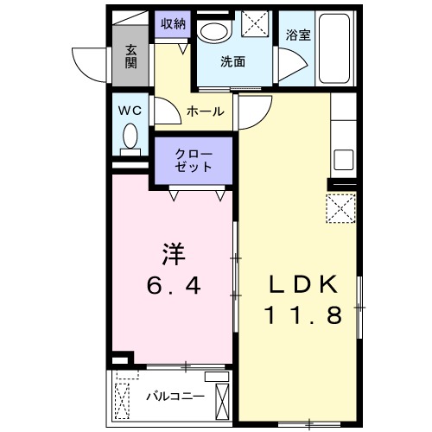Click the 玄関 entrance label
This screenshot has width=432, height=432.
tap(130, 55)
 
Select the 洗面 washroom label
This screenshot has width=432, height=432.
tap(232, 62)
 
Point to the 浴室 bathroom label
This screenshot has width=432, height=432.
tap(298, 35)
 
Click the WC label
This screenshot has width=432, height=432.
tap(130, 111)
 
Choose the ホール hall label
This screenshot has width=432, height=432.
tap(206, 111)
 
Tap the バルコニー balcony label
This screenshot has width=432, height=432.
tap(175, 397)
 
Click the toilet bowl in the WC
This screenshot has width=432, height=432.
tap(130, 137)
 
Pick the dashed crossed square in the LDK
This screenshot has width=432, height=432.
tap(340, 208)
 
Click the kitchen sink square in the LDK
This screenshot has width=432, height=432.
tap(342, 160)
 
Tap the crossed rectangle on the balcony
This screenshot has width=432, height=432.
tap(223, 403)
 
